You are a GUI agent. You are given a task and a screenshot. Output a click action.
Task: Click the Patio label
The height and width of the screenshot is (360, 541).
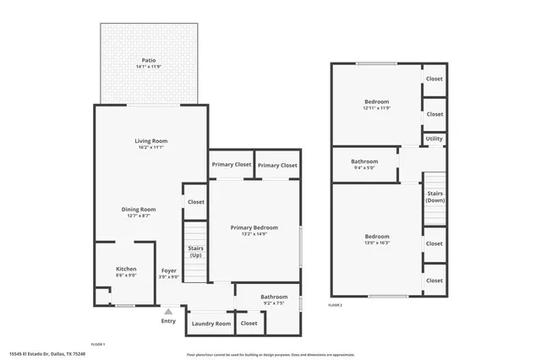[149, 60]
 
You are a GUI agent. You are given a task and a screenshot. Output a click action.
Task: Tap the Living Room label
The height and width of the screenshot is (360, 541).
[151, 140]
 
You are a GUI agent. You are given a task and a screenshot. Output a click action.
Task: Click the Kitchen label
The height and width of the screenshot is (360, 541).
[126, 269]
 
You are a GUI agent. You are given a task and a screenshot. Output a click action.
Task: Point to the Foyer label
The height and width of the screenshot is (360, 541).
[169, 270]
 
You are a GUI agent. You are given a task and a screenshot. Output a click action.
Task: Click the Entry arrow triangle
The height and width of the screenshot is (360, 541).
[168, 312]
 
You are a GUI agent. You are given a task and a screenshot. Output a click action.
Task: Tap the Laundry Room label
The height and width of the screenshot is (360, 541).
[210, 324]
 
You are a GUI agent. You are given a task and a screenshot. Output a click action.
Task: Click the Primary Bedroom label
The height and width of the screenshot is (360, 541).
[254, 227]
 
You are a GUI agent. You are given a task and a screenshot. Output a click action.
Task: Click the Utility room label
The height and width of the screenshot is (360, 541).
[434, 139]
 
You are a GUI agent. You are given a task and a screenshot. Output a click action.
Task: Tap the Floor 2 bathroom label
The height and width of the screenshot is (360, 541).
[364, 161]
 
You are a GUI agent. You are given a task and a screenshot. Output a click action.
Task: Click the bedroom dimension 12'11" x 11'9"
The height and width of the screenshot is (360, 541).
[376, 108]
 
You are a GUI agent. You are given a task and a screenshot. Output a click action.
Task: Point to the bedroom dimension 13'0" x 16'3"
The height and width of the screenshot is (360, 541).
[377, 243]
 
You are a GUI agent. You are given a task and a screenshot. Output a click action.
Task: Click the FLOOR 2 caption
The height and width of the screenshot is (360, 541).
[336, 304]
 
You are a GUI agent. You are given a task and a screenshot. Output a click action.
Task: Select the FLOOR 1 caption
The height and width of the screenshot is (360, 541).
[98, 345]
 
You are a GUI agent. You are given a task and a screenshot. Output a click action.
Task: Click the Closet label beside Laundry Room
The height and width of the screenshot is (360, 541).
[249, 323]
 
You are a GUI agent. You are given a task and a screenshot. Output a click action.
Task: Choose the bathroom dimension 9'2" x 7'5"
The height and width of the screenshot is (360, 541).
[274, 303]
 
